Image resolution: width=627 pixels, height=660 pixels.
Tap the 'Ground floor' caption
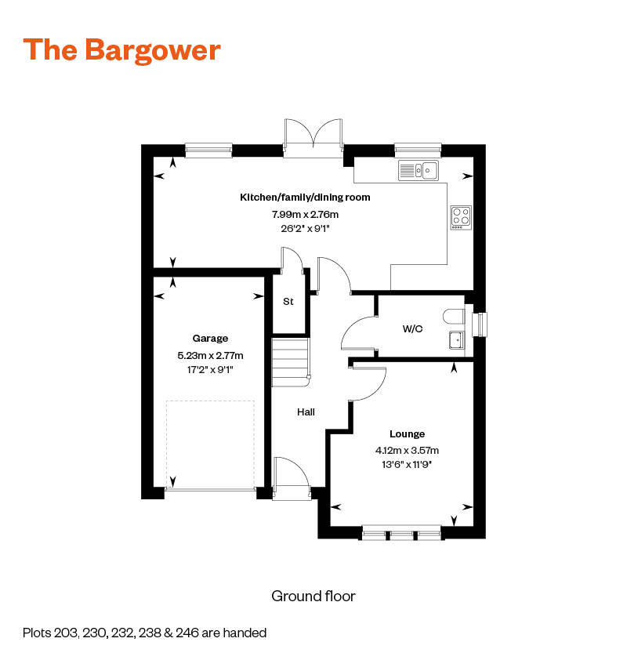point(313,596)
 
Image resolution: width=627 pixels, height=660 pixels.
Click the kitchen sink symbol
point(419,170)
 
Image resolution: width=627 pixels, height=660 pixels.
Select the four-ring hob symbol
point(461,218)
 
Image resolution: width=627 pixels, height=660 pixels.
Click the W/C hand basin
point(457,340)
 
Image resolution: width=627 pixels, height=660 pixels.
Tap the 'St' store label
point(288,301)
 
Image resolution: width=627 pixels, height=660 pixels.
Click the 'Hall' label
point(306,412)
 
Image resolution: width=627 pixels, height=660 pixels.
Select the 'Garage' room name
point(210,339)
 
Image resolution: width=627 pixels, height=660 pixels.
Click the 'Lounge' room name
point(407,434)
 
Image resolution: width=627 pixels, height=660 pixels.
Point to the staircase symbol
point(291,362)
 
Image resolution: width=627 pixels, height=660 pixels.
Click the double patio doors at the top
point(313,138)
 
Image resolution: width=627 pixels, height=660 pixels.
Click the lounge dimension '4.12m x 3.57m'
point(407,451)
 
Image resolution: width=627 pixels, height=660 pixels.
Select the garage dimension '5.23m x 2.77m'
point(210,356)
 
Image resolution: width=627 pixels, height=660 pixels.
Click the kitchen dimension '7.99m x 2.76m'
point(305,215)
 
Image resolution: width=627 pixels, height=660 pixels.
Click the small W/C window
point(480,325)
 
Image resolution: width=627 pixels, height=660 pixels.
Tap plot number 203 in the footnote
point(67,633)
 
